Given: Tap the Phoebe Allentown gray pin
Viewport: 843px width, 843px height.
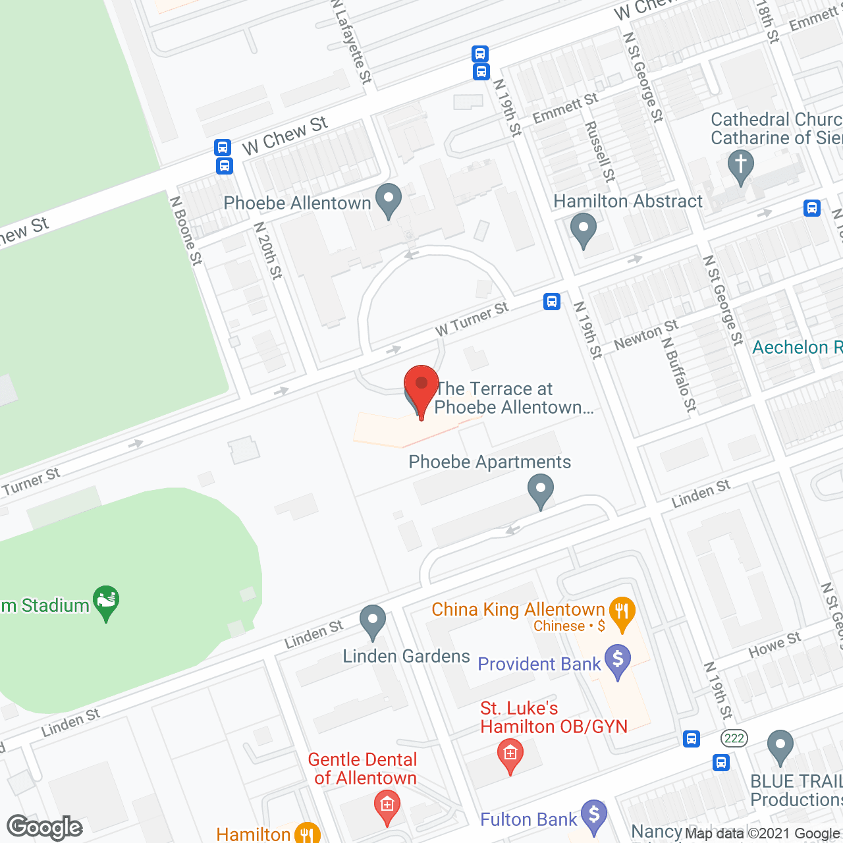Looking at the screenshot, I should (x=388, y=200).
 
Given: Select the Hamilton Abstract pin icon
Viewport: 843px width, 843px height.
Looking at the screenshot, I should (x=583, y=230).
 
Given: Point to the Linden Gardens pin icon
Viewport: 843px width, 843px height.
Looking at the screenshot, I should (x=373, y=622).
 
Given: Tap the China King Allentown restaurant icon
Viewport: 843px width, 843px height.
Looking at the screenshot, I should (x=622, y=612).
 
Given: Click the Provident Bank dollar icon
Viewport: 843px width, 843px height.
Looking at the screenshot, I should (x=618, y=661).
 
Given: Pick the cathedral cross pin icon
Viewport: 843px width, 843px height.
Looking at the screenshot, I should (x=741, y=165).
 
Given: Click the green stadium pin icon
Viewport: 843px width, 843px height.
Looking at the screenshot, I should (x=106, y=602).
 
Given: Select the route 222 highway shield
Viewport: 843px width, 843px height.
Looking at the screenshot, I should (x=734, y=738).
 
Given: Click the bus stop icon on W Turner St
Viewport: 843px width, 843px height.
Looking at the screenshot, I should (x=552, y=302).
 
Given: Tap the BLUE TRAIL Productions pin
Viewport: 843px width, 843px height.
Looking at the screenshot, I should (x=780, y=747).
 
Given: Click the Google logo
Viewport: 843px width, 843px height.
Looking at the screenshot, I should (x=45, y=827).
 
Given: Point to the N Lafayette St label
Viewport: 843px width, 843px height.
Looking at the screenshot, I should (x=352, y=42).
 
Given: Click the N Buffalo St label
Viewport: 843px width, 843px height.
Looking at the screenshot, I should (x=679, y=375).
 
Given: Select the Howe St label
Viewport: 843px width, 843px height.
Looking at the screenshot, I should (x=775, y=645).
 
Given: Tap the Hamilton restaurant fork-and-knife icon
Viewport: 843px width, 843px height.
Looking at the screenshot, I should (x=306, y=833).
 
